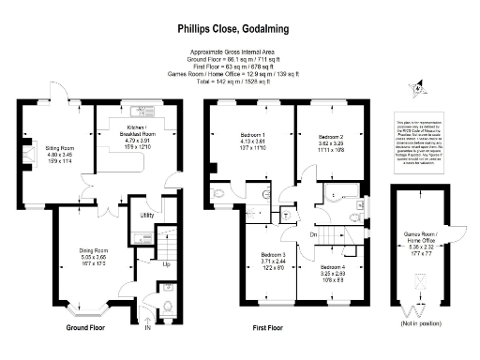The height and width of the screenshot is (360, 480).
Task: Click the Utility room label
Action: (x=146, y=215)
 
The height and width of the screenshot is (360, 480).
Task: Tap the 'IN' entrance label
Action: (x=146, y=326)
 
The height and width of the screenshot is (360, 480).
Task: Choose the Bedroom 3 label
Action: (x=273, y=262)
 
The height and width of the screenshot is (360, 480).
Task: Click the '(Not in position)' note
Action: (x=414, y=323)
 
